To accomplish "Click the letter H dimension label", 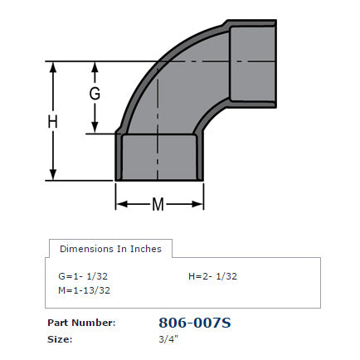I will (x=52, y=121).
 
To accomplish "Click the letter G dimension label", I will (x=95, y=94).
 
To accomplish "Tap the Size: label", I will (x=60, y=338).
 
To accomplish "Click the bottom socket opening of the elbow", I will (x=159, y=157).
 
